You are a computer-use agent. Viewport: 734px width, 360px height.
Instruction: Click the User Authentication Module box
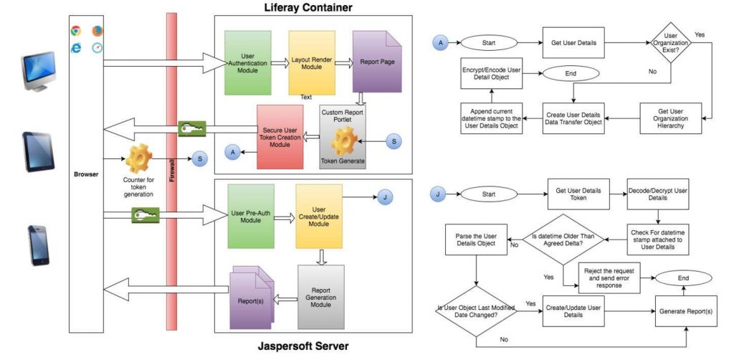247,62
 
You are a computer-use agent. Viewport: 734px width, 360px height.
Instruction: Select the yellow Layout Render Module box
312,62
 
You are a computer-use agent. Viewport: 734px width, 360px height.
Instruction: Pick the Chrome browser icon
75,31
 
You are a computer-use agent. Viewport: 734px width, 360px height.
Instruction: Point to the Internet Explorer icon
75,48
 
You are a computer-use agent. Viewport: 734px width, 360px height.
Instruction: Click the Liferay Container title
312,7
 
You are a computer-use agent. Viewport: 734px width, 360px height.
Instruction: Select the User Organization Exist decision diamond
670,43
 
